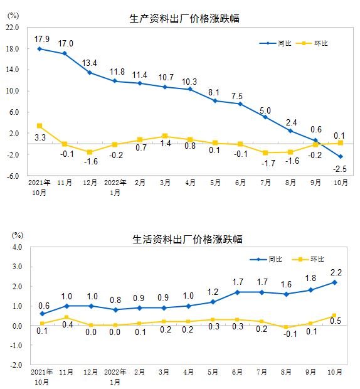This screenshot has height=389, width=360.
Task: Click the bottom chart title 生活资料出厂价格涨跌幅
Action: point(187,239)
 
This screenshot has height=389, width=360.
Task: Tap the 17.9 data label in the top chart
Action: point(40,38)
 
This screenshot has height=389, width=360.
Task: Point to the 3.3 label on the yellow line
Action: point(40,137)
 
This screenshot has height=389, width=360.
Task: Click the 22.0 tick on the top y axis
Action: point(13,28)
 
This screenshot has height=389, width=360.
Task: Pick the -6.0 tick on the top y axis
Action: point(13,176)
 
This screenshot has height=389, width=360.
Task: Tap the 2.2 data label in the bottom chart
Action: point(336,272)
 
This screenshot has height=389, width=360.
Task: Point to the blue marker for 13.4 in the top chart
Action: point(90,73)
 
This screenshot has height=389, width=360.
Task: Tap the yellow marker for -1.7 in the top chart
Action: point(265,152)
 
